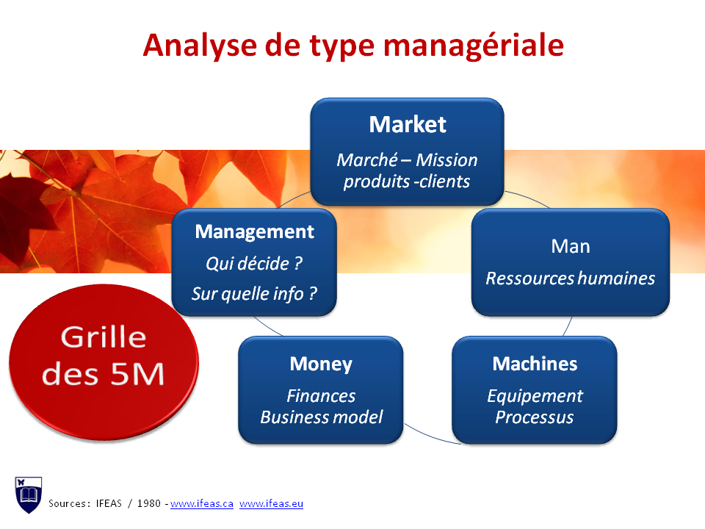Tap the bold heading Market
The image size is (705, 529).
point(407,124)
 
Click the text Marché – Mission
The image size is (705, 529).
point(407,160)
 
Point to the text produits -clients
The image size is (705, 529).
point(407,181)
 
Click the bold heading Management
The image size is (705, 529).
point(254,232)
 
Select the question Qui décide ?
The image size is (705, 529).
point(254,263)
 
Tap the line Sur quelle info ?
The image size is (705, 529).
point(254,294)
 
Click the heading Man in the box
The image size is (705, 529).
point(570,246)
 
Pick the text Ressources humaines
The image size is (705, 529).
point(570,278)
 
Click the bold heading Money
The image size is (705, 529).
point(321,364)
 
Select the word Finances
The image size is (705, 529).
point(321,396)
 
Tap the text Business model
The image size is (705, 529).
point(321,417)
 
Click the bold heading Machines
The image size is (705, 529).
point(535,364)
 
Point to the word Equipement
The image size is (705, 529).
point(535,396)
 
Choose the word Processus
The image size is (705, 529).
point(535,417)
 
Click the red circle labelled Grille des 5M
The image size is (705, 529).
point(104,356)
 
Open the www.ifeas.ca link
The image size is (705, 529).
point(202,504)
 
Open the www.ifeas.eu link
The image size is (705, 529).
point(271,504)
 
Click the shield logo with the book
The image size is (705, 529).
point(29,494)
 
